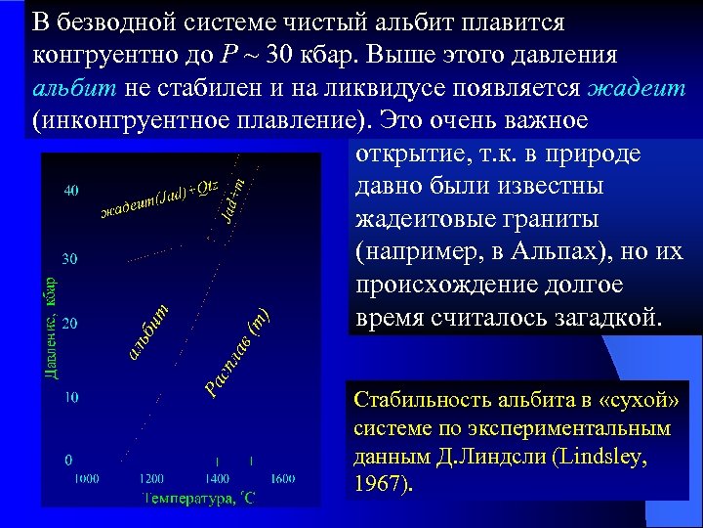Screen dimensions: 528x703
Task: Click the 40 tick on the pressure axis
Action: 71,191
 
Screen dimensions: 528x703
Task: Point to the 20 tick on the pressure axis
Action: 71,322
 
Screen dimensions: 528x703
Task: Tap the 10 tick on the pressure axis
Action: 71,398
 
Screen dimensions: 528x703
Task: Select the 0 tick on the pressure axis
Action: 68,459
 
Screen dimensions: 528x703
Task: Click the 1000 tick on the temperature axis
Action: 86,478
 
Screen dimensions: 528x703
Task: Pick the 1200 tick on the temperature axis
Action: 151,478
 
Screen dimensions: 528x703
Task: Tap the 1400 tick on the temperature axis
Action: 217,478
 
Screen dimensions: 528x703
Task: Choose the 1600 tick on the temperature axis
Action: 282,478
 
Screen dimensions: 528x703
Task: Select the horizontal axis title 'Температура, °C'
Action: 199,498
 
